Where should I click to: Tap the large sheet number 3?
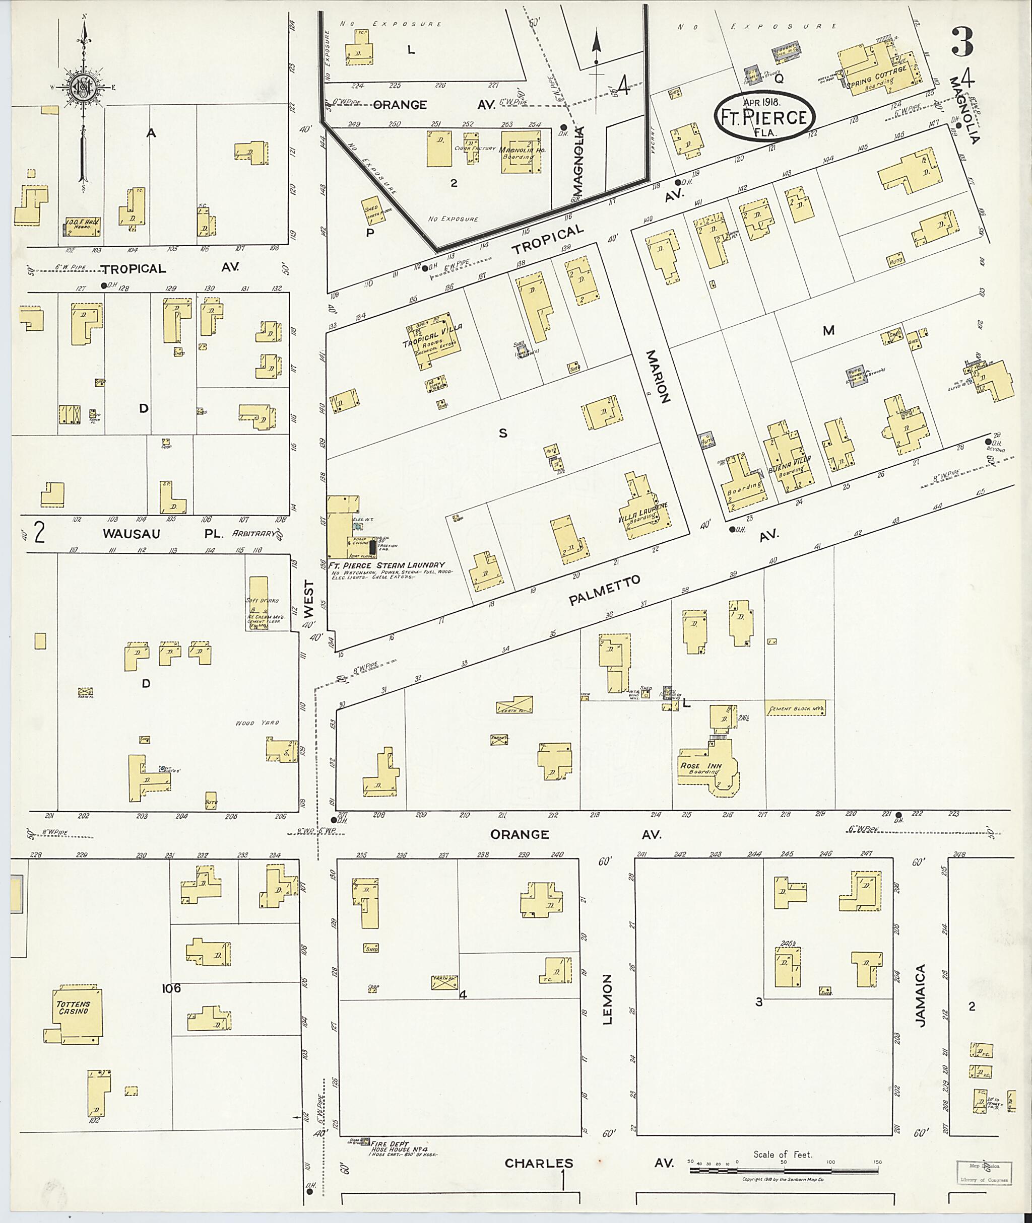pyautogui.click(x=962, y=41)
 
